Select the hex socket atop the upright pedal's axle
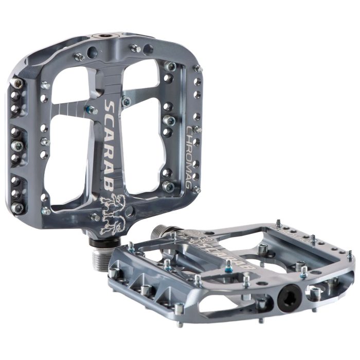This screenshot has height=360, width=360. (x=106, y=37)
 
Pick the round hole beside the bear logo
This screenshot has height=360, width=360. (x=133, y=211)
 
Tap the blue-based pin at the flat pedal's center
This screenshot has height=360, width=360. (x=228, y=265)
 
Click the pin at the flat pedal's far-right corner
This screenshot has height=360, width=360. (x=350, y=254)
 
